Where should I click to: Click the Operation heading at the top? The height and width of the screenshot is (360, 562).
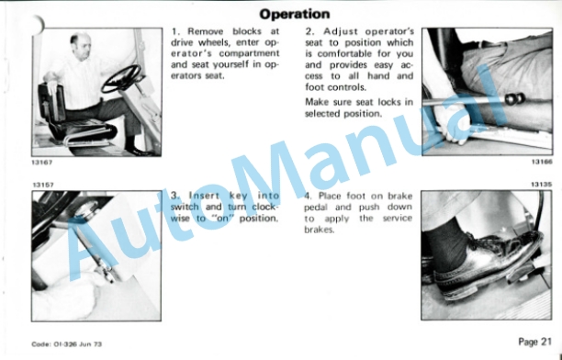[294, 14]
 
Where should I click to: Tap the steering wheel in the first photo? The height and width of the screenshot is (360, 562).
[121, 78]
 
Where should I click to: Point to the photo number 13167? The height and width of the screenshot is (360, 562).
[42, 163]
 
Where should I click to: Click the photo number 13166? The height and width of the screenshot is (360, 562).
[542, 162]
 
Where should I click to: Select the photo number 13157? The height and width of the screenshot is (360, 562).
[43, 185]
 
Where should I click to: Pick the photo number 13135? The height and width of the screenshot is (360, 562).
[542, 185]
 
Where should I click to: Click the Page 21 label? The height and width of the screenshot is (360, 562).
[534, 342]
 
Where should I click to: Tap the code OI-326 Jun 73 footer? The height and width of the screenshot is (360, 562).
[67, 344]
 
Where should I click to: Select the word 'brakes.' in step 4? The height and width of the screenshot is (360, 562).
[319, 230]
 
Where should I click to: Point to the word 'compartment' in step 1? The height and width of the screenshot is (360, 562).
[249, 53]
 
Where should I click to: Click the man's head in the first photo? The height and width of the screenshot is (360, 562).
[80, 45]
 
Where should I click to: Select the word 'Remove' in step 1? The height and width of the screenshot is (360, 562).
[206, 31]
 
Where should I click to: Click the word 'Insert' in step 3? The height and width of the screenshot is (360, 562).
[204, 196]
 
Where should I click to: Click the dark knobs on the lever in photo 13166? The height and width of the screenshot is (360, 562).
[514, 98]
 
